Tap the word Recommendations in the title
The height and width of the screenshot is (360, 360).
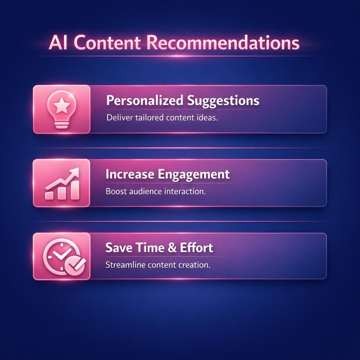coord(222,43)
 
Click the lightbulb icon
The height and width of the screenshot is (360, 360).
coord(62,109)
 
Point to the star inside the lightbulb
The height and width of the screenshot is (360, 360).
coord(62,104)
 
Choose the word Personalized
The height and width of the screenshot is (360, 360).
coord(144,101)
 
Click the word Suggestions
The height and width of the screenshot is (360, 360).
coord(223,101)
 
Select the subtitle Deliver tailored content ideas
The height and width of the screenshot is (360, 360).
coord(162,118)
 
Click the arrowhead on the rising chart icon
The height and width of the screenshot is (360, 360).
coord(75,173)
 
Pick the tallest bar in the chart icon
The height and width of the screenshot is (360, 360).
coord(75,189)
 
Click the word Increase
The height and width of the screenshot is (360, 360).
coord(129,174)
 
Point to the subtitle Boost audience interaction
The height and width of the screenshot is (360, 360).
coord(155,192)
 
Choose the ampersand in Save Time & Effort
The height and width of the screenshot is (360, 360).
coord(172,247)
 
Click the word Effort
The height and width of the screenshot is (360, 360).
coord(197,247)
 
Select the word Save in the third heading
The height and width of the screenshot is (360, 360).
coord(118,247)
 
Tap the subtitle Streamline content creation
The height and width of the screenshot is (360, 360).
coord(158,265)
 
